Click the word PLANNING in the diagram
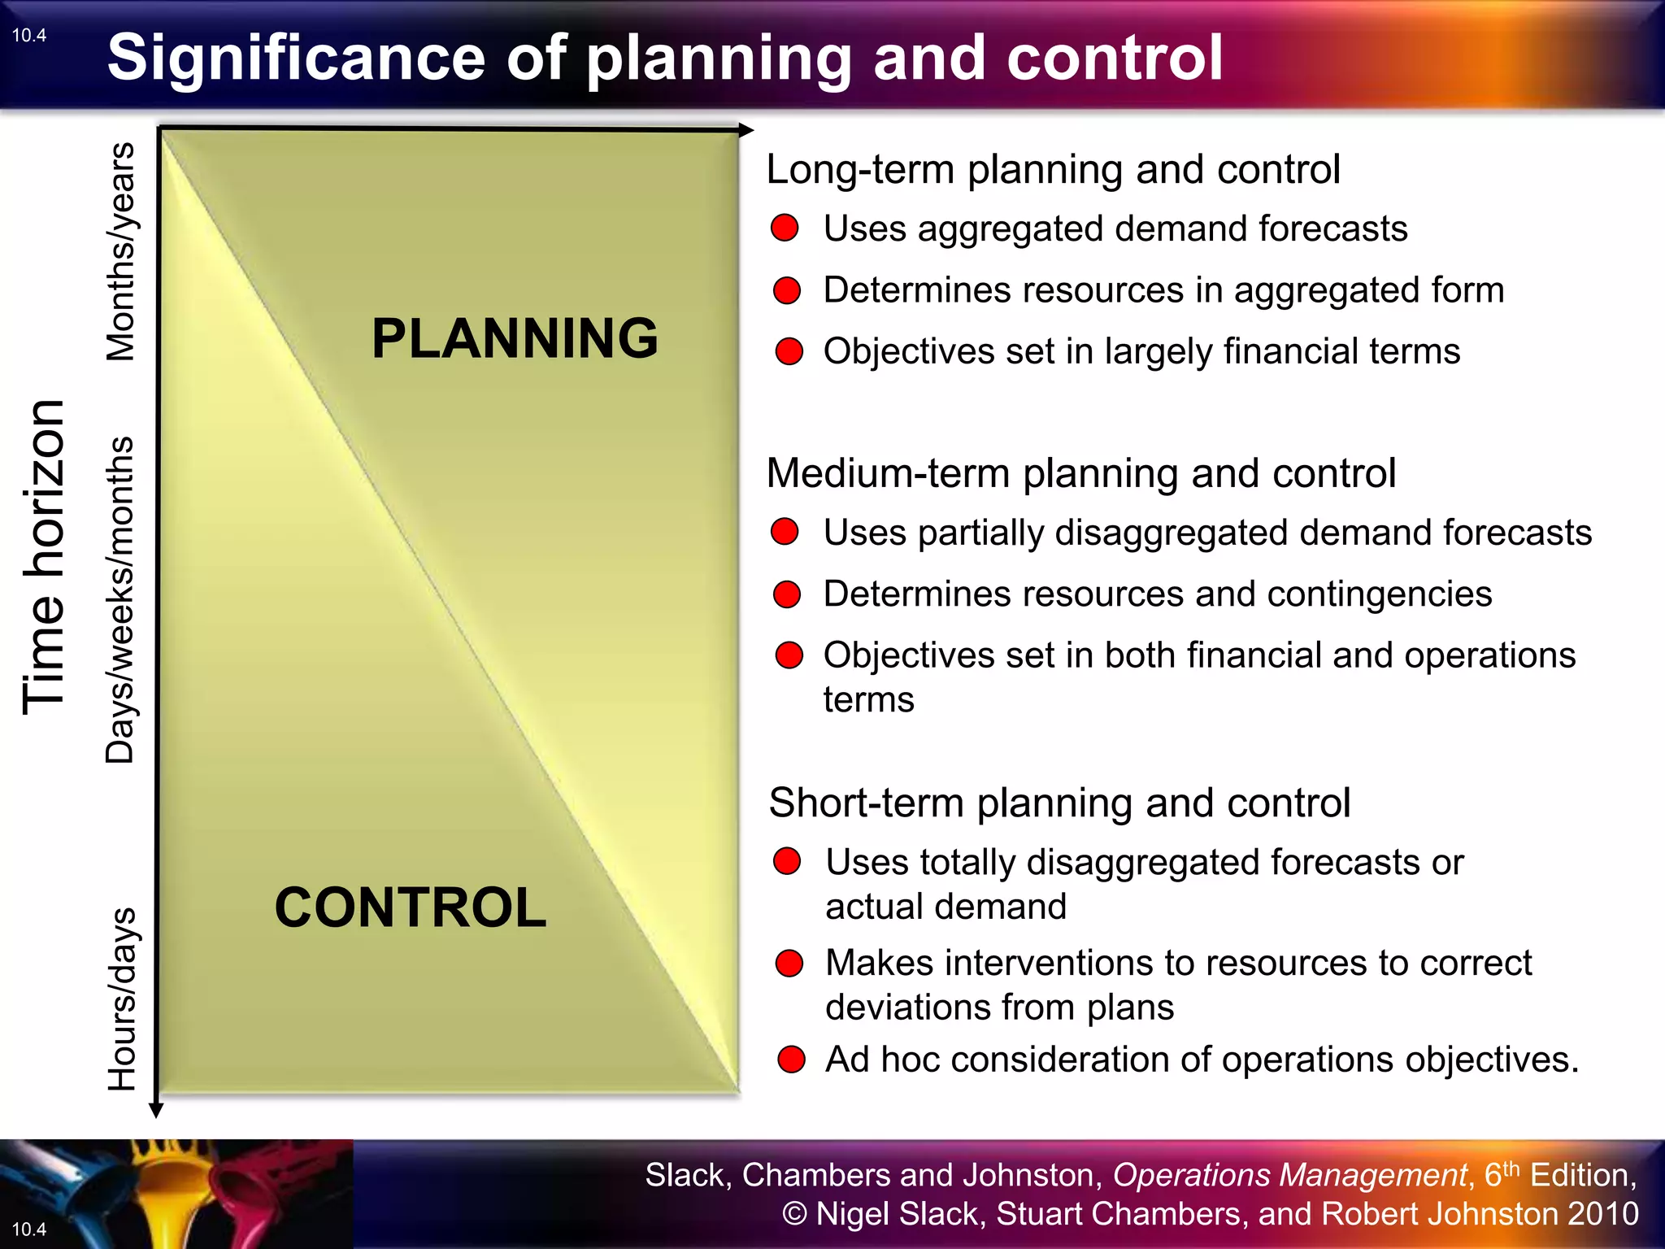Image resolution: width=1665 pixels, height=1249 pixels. point(515,338)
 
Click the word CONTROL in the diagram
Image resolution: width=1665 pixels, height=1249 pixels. point(411,907)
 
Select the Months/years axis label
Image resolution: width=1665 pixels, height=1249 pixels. point(121,252)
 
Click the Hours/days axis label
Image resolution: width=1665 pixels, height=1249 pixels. point(122,999)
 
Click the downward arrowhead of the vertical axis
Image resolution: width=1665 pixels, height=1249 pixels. point(156,1111)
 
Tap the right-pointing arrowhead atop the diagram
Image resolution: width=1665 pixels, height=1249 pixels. point(746,130)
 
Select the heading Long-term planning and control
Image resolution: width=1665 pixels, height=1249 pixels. point(1053,170)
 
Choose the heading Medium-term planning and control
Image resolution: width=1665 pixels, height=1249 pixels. point(1080,473)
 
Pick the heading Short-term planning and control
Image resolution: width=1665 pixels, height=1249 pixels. point(1059,803)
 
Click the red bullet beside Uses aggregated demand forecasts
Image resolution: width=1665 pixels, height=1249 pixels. point(785,228)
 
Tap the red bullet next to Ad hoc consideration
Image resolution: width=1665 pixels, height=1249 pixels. point(790,1060)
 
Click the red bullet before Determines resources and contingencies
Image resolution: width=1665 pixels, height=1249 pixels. point(786,594)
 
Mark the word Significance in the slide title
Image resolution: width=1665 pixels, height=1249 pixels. point(297,58)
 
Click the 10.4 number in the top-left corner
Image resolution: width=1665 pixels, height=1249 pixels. point(29,36)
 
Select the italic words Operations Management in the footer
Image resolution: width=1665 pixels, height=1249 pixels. point(1289,1175)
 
